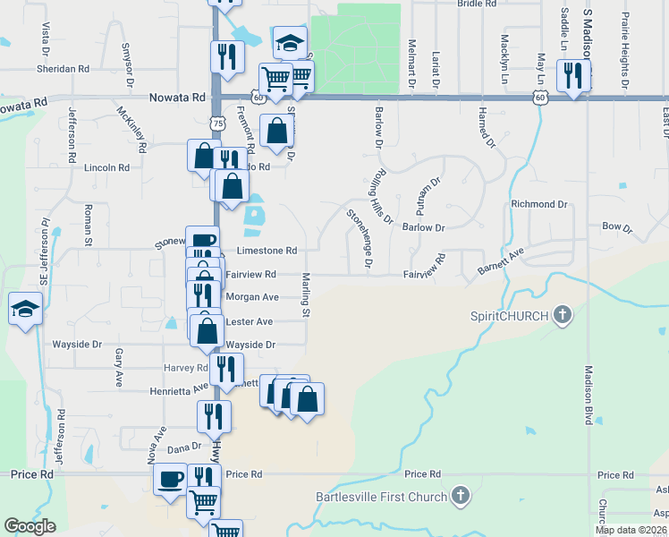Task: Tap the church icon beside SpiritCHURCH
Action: (562, 315)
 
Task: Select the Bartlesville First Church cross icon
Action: (460, 495)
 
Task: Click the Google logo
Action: (30, 526)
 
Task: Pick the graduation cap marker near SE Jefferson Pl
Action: (25, 310)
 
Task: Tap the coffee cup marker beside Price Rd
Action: (170, 478)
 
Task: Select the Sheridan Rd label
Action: (64, 68)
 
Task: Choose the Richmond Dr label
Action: (539, 204)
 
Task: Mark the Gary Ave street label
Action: (119, 367)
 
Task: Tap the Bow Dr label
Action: (617, 228)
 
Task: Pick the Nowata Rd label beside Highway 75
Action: (178, 97)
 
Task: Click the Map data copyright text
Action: (631, 530)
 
